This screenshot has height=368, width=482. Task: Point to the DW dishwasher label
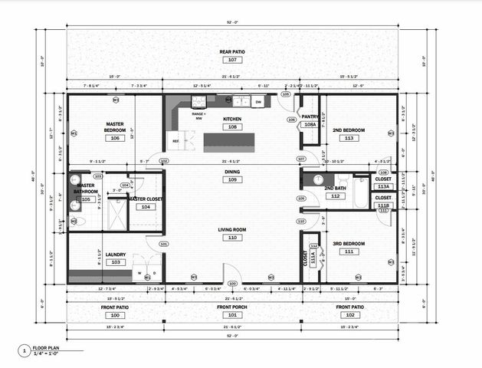tap(258, 102)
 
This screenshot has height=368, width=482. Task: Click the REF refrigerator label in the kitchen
tap(175, 142)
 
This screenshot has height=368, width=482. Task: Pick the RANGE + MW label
tap(198, 115)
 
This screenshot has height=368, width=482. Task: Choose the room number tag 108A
tap(310, 124)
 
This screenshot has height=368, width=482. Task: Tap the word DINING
tap(231, 172)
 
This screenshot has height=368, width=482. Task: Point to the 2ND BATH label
tap(334, 188)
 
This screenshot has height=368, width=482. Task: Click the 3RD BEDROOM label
tap(348, 244)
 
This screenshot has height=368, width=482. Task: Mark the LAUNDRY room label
tap(116, 255)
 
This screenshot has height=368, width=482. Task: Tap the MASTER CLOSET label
tap(145, 199)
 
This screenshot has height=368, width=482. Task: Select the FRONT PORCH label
tap(231, 307)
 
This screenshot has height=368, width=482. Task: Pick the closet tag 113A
tap(383, 186)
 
